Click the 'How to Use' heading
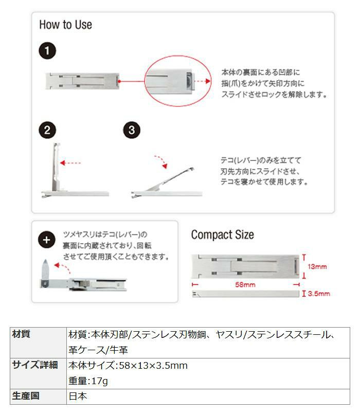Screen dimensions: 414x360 tap(65, 25)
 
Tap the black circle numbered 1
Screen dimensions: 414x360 tap(47, 51)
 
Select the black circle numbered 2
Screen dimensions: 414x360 tap(47, 130)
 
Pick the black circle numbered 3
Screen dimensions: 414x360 tap(132, 130)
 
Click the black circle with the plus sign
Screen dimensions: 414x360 tap(47, 240)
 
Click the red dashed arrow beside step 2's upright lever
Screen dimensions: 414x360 tap(70, 163)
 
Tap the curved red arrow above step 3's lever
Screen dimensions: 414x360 tap(161, 161)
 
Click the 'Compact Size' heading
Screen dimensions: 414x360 tap(222, 235)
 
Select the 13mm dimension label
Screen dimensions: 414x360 tap(317, 267)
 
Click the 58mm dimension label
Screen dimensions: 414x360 tap(246, 284)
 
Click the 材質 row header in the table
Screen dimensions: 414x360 tap(21, 334)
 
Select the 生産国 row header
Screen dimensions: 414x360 tap(25, 396)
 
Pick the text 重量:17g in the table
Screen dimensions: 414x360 tap(88, 381)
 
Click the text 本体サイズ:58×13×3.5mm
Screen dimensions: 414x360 tap(128, 366)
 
